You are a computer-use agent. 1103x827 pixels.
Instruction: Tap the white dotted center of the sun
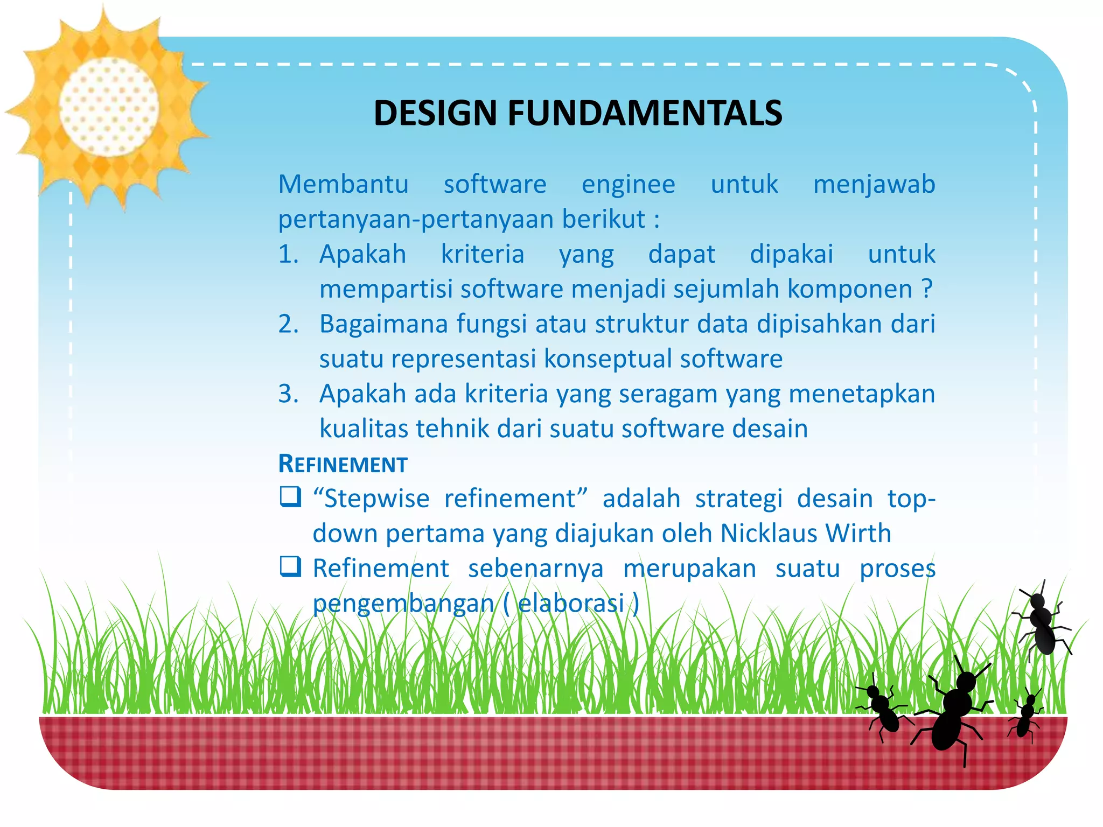pyautogui.click(x=109, y=107)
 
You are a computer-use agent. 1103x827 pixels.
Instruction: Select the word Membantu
pyautogui.click(x=343, y=185)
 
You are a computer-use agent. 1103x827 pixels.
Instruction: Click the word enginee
pyautogui.click(x=628, y=185)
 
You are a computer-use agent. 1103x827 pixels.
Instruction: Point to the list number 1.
pyautogui.click(x=288, y=254)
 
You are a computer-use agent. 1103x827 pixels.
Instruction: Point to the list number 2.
pyautogui.click(x=288, y=324)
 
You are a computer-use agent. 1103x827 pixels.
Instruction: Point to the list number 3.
pyautogui.click(x=288, y=394)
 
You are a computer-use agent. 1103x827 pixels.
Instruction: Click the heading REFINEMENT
pyautogui.click(x=343, y=464)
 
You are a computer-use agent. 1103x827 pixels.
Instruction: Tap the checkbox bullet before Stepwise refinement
pyautogui.click(x=290, y=497)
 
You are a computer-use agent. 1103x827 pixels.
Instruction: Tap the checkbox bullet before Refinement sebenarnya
pyautogui.click(x=290, y=566)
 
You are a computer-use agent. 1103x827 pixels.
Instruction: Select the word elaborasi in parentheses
pyautogui.click(x=570, y=603)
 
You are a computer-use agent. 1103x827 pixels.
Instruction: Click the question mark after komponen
pyautogui.click(x=926, y=290)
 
